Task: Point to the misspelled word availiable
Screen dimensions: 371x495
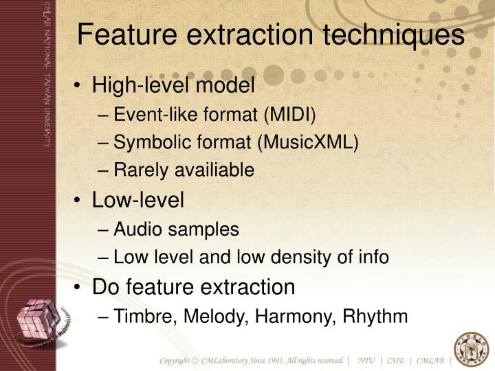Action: (x=215, y=170)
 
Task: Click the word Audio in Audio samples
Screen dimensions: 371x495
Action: (x=135, y=229)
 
